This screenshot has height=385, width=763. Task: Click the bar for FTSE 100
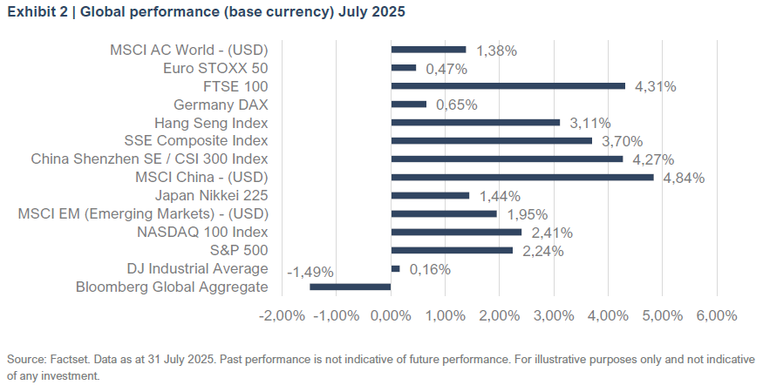click(508, 86)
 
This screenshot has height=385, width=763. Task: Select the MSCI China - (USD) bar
click(521, 178)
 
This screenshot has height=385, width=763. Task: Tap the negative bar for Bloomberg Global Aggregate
click(351, 287)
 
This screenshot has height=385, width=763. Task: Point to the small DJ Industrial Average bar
click(395, 269)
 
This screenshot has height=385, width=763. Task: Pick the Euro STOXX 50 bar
click(404, 68)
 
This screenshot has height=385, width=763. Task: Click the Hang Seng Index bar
click(475, 123)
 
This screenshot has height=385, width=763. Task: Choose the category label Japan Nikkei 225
click(211, 196)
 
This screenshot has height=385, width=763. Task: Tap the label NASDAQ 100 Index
click(202, 233)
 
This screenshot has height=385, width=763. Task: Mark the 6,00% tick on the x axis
click(716, 315)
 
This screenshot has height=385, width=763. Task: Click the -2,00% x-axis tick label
click(281, 315)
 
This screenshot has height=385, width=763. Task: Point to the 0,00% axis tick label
click(391, 315)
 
